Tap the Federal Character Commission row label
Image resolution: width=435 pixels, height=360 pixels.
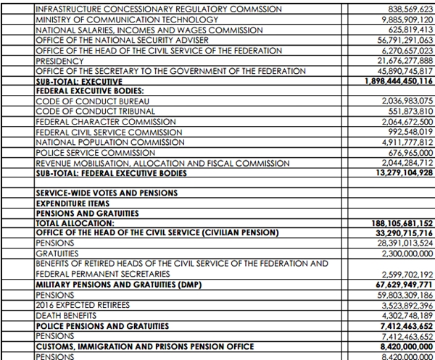click(101, 123)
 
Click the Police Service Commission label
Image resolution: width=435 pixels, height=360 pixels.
click(95, 154)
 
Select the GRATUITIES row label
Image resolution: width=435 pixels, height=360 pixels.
click(59, 254)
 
